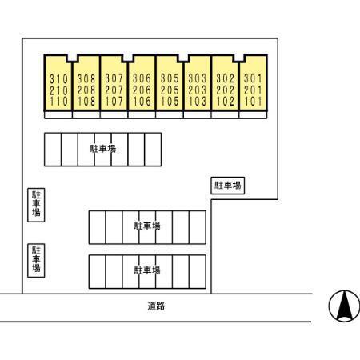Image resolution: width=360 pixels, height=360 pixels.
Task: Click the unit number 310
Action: [58, 79]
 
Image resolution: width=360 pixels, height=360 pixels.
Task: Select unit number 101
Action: [253, 102]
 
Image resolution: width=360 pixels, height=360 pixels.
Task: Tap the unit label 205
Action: [170, 90]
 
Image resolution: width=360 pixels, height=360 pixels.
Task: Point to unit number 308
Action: [86, 78]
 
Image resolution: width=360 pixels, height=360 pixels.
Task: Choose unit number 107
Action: [114, 102]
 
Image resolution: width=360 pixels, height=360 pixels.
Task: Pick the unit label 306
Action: [142, 78]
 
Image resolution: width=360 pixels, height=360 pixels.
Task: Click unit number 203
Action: [198, 90]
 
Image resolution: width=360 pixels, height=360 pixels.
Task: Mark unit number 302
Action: [226, 78]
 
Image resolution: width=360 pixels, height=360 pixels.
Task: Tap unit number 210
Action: [58, 90]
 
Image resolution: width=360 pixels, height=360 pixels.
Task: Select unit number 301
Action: [253, 78]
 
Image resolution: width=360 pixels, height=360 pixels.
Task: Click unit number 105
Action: [170, 102]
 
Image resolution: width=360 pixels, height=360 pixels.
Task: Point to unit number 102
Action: [226, 102]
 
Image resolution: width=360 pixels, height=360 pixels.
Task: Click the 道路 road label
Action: [156, 306]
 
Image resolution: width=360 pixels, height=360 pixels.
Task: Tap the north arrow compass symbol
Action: [344, 306]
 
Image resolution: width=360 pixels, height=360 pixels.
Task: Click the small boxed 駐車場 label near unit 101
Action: [228, 186]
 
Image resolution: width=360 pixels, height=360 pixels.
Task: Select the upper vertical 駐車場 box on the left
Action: [36, 205]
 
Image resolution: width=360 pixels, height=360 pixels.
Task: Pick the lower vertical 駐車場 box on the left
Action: [36, 260]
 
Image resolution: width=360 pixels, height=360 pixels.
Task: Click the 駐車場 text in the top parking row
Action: [103, 149]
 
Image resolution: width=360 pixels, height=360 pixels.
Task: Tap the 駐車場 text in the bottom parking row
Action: [147, 270]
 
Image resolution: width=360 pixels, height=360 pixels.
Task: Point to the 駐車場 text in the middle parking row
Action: [147, 226]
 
